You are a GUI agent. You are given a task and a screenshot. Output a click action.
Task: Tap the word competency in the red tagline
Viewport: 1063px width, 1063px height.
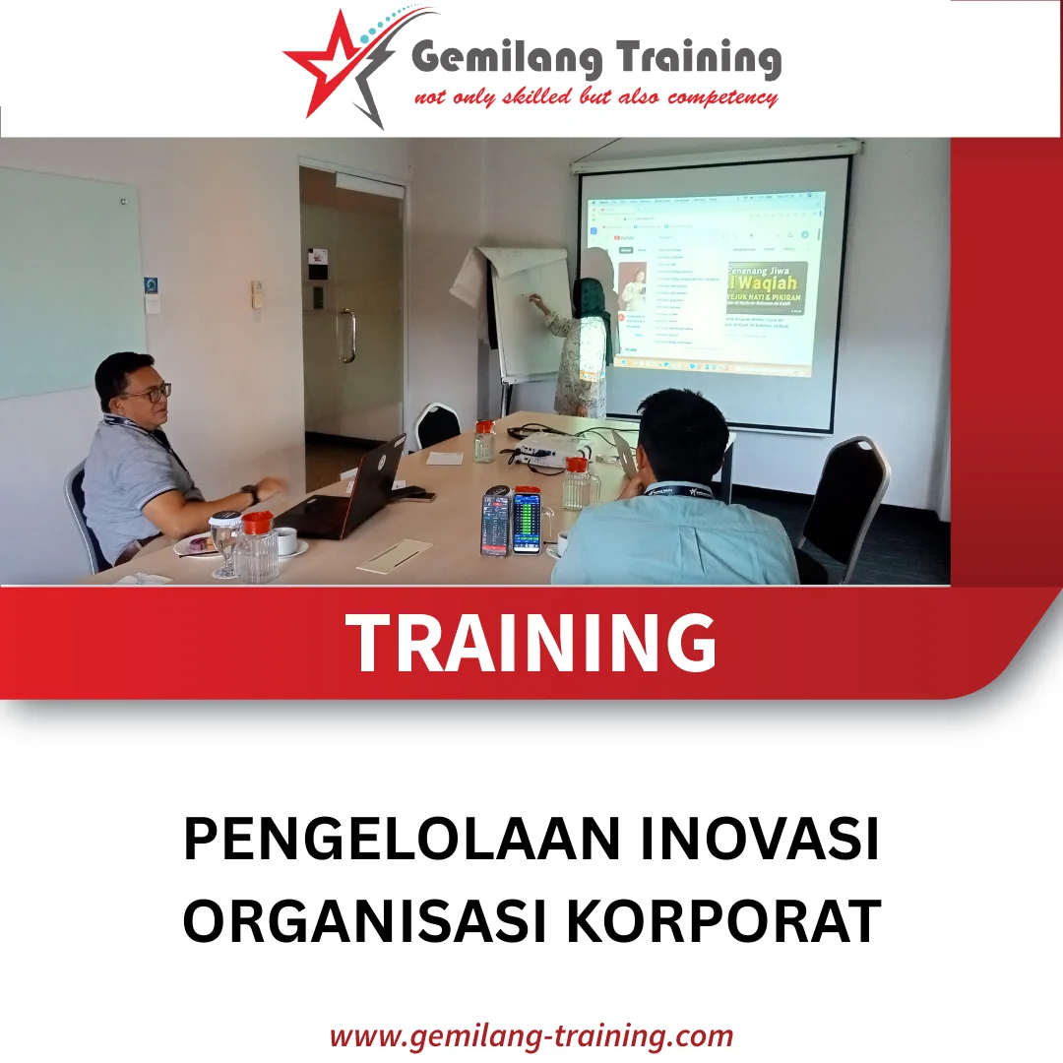(x=722, y=97)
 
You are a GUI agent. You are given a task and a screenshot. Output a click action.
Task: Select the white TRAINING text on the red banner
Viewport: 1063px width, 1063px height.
(x=531, y=643)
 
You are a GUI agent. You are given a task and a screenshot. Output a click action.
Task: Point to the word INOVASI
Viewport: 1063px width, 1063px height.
(x=752, y=843)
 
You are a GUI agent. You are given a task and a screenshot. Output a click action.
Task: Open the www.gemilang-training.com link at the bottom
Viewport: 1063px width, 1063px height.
(x=531, y=1035)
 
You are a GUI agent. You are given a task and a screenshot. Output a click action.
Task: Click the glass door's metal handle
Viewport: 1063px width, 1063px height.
(x=346, y=336)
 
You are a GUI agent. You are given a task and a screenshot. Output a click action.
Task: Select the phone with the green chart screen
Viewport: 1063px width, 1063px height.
(x=527, y=522)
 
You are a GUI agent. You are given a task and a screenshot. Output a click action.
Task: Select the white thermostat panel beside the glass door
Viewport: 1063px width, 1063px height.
(x=257, y=292)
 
